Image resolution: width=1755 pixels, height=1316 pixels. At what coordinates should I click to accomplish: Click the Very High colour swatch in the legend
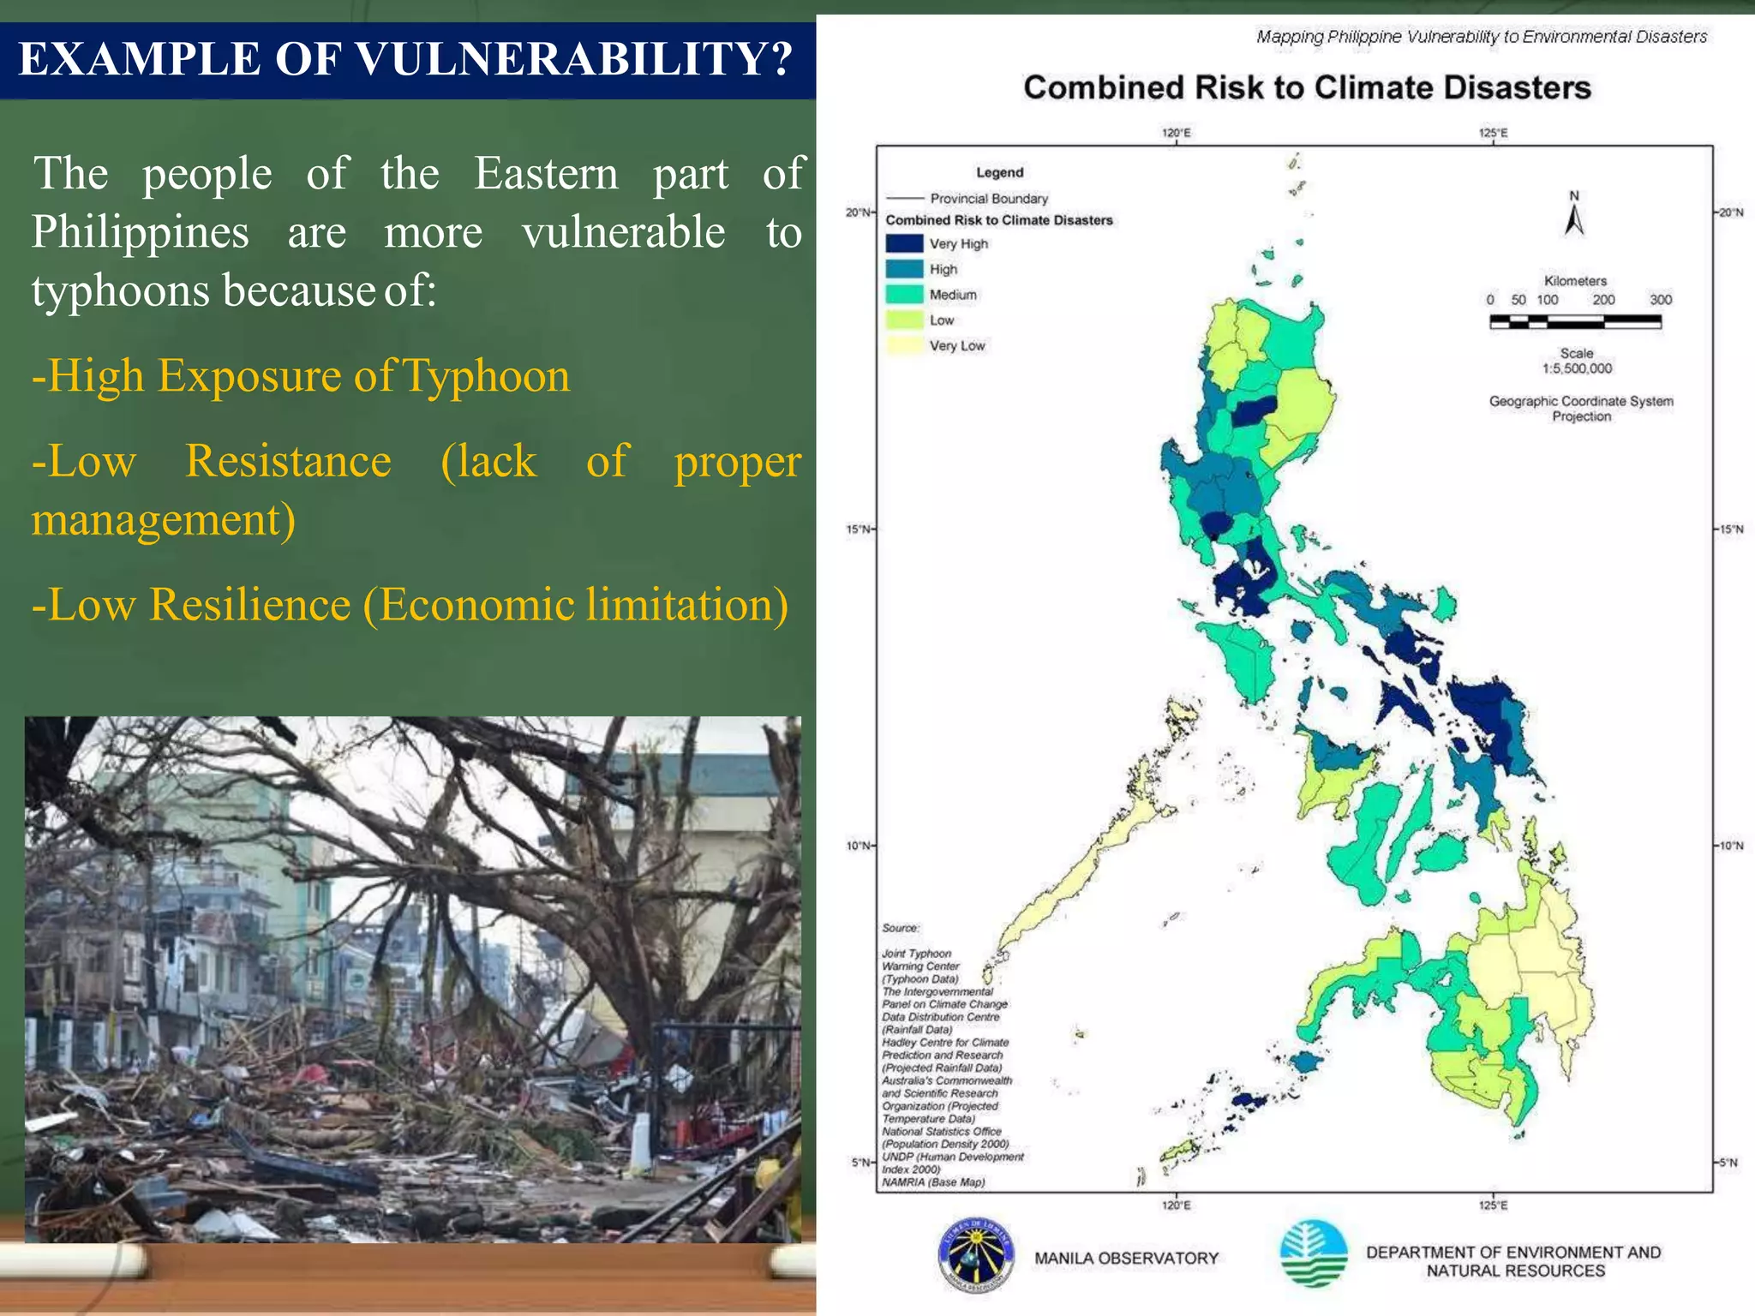(904, 244)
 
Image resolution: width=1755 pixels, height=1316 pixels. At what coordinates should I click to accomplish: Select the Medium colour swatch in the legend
(904, 295)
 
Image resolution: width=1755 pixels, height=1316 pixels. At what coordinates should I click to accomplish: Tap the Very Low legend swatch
(904, 346)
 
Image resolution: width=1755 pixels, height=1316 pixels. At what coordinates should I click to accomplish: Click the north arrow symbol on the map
(1574, 215)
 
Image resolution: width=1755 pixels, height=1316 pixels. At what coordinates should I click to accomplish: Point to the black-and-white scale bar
(1575, 322)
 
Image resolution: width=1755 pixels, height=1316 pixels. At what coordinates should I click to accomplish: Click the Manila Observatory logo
(975, 1257)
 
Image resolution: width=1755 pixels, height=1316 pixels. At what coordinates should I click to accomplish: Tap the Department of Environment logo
(1313, 1253)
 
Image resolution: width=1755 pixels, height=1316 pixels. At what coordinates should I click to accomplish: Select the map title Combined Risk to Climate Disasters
(1307, 88)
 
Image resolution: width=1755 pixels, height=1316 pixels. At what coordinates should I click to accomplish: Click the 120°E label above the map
(1176, 134)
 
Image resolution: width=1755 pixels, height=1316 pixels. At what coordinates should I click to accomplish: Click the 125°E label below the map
(1493, 1205)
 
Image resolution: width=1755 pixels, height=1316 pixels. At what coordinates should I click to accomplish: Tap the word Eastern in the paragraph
(546, 174)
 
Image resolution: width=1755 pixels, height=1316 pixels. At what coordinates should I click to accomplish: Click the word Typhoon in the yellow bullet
(486, 376)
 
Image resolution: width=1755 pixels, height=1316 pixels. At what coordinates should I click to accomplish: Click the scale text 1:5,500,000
(1577, 369)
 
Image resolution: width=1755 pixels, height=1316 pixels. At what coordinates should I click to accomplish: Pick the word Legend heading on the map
(999, 173)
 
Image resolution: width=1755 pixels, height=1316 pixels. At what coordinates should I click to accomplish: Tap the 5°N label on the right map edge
(1730, 1163)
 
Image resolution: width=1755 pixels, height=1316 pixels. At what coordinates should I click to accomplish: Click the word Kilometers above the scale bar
(1575, 281)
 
